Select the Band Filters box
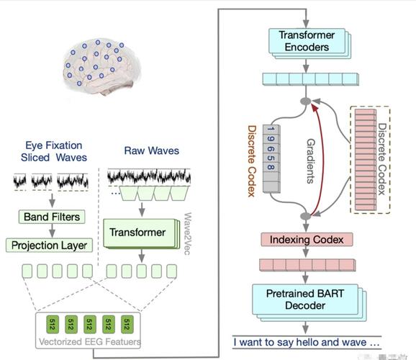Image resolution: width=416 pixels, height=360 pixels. [x=52, y=217]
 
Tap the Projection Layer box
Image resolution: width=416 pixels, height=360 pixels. [x=50, y=245]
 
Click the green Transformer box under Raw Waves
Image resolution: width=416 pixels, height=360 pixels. [x=141, y=233]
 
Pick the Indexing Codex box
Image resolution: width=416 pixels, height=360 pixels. [x=307, y=240]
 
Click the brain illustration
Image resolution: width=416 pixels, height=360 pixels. [x=101, y=66]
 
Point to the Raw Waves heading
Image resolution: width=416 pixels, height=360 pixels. [x=151, y=150]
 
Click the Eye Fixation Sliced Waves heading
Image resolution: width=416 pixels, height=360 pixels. [x=54, y=151]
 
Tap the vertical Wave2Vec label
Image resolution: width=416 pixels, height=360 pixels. [x=187, y=233]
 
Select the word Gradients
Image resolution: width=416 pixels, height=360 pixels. [x=311, y=161]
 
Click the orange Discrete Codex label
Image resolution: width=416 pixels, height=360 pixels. [x=251, y=161]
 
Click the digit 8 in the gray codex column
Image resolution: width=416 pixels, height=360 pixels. [x=271, y=167]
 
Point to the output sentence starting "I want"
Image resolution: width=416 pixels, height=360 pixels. [x=307, y=342]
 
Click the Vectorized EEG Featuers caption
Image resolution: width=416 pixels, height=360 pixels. [x=90, y=341]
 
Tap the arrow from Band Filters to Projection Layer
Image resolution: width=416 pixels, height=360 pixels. [x=52, y=230]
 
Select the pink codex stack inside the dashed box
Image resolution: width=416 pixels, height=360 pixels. [x=366, y=160]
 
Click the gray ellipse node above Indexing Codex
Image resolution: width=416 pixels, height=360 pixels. [x=306, y=216]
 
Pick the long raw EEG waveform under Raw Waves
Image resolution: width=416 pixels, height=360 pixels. [x=149, y=176]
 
